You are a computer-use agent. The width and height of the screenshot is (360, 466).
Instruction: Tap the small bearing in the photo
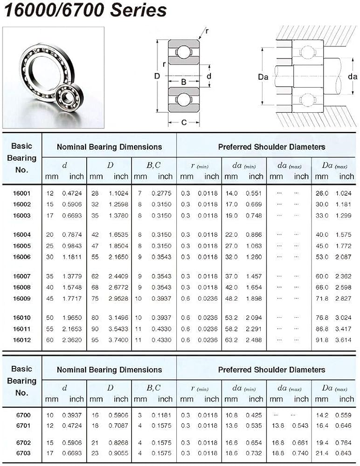[66, 98]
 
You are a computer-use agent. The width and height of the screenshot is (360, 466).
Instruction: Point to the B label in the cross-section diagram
[184, 82]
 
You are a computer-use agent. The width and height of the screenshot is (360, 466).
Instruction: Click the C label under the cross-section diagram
[184, 123]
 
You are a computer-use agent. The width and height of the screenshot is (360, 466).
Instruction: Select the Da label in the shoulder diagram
[263, 77]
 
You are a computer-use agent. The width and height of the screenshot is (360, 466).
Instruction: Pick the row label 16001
[21, 193]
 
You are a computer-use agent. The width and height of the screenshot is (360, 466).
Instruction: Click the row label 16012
[21, 340]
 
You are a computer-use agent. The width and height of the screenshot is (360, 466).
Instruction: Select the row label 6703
[21, 453]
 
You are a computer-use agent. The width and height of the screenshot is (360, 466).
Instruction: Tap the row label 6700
[21, 415]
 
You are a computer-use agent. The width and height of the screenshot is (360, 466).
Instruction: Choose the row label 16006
[21, 257]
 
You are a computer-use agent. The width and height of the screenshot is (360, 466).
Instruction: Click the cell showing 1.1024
[118, 193]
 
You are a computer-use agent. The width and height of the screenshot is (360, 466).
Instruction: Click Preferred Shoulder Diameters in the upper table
[271, 147]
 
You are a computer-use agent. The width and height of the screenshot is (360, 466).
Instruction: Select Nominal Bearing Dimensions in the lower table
[109, 370]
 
